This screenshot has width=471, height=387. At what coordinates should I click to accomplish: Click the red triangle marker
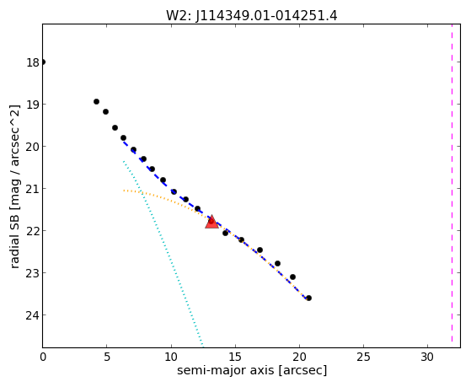[211, 222]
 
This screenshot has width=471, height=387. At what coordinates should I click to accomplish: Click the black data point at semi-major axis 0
[43, 62]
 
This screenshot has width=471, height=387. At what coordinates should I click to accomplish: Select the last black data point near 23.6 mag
[308, 298]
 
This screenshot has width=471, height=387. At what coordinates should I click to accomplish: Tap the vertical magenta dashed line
[452, 184]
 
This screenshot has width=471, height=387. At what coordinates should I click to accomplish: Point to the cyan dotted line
[163, 254]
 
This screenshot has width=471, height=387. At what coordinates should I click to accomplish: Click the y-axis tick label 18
[33, 62]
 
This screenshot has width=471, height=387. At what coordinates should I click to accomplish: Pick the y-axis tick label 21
[33, 189]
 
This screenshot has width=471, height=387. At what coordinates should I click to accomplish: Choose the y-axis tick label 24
[33, 315]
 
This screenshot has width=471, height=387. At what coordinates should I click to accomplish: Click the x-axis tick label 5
[107, 357]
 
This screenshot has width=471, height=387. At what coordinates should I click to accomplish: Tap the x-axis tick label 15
[235, 357]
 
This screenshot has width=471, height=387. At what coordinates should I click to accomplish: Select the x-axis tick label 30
[427, 357]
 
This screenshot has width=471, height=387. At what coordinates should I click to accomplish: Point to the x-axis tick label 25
[363, 357]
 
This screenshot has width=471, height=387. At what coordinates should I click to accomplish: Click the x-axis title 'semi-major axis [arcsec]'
[252, 370]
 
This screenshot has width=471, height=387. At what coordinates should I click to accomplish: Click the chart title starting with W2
[252, 15]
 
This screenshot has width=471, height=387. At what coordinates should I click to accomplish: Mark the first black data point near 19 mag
[96, 102]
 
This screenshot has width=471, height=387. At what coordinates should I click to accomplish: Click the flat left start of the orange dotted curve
[124, 191]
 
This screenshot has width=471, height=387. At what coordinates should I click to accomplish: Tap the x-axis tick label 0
[43, 357]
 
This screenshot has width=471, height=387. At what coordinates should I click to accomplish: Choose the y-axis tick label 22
[33, 231]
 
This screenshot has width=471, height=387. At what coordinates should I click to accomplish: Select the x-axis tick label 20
[299, 357]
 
